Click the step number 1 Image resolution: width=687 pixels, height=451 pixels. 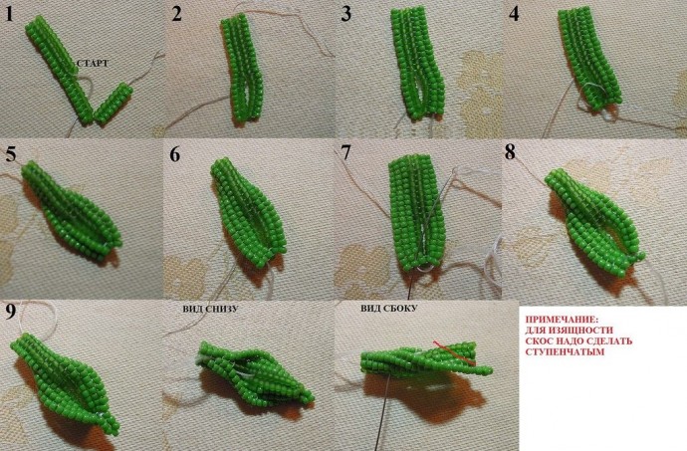coord(9,14)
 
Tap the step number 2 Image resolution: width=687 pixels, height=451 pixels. coord(176,14)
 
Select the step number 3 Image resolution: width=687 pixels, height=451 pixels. coord(346,14)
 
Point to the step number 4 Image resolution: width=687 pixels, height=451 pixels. coord(514,14)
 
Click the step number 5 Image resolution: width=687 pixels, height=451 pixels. coord(11,154)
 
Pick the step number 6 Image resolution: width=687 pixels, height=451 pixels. coord(175,154)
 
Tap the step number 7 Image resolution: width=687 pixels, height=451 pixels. coord(345,153)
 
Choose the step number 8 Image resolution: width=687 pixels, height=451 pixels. coord(510,153)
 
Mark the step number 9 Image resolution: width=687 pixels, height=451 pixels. coord(11,311)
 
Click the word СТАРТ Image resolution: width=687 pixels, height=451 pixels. coord(92,63)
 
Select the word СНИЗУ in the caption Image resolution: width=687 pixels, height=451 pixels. coord(222,309)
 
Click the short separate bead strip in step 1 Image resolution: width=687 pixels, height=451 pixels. coord(114,103)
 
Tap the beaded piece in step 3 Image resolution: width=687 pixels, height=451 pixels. coord(418,64)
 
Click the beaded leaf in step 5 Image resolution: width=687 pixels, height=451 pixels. coord(71,210)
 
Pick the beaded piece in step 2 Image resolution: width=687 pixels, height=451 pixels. coord(242,70)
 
